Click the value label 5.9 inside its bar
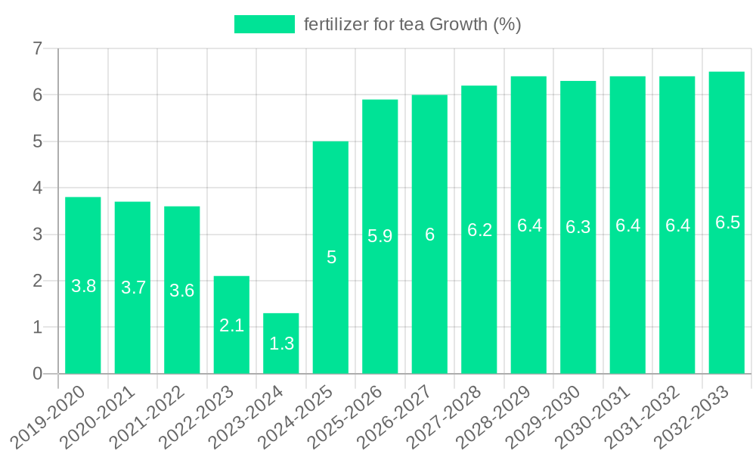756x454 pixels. pyautogui.click(x=380, y=236)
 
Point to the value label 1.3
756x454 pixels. pyautogui.click(x=281, y=344)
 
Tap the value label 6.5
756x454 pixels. pyautogui.click(x=727, y=222)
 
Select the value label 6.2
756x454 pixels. pyautogui.click(x=479, y=231)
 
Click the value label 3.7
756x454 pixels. pyautogui.click(x=133, y=288)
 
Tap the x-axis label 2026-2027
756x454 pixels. pyautogui.click(x=401, y=415)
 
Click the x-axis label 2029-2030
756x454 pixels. pyautogui.click(x=550, y=415)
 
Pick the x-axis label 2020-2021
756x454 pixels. pyautogui.click(x=104, y=415)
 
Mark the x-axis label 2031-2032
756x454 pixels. pyautogui.click(x=649, y=415)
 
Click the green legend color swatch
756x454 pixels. pyautogui.click(x=264, y=24)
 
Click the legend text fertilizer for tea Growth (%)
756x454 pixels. pyautogui.click(x=413, y=24)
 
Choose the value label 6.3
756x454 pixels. pyautogui.click(x=578, y=227)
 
